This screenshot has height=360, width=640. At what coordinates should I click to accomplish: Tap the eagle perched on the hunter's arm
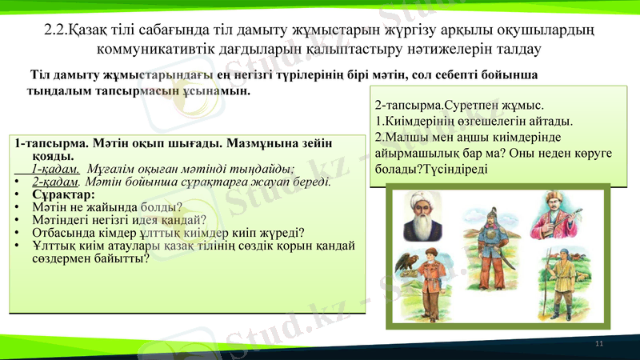pos(410,262)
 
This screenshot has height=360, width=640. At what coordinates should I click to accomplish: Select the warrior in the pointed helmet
pos(486,240)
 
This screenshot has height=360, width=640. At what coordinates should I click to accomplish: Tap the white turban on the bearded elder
pos(418,201)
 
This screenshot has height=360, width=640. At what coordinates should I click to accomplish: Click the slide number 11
pos(598,342)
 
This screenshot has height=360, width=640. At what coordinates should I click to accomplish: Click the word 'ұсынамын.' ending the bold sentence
pos(218,90)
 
